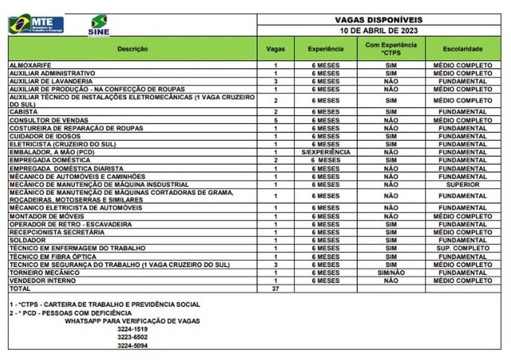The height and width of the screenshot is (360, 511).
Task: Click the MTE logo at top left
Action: [36, 24]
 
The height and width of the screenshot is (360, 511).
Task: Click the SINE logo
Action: [99, 25]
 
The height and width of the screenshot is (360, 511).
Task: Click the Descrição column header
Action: [132, 49]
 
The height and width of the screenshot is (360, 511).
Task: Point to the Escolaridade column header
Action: [463, 49]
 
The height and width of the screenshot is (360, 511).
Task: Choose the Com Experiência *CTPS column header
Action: [391, 49]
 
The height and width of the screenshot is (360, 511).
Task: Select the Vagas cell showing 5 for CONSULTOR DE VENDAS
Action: [276, 120]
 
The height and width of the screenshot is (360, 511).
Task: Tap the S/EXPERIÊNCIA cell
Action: [326, 152]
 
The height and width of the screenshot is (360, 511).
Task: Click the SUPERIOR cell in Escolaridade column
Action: [463, 184]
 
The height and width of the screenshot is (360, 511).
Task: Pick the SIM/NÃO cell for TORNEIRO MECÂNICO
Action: [391, 273]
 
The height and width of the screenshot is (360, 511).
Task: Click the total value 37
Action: [276, 289]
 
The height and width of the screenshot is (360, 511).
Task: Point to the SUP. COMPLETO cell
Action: [463, 248]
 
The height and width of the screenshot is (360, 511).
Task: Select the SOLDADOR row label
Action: [28, 241]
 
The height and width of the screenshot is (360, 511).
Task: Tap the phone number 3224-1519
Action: [131, 329]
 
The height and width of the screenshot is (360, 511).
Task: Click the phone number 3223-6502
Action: [131, 337]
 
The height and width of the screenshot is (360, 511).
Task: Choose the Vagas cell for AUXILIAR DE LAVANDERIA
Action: [276, 81]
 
